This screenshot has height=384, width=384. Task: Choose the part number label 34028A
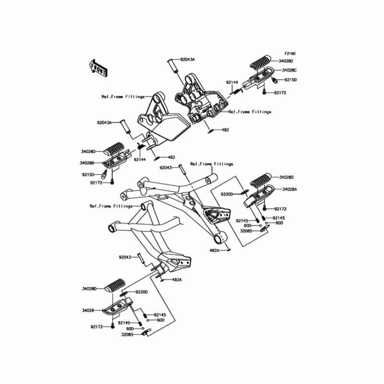pos(290,190)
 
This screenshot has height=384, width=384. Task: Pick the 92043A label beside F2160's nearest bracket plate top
pos(187,60)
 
